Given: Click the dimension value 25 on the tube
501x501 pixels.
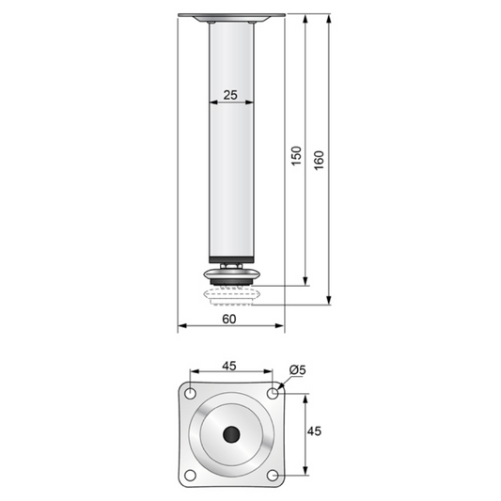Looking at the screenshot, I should (230, 96).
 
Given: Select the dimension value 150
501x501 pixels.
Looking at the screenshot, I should (296, 155).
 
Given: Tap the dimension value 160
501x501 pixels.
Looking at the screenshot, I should (319, 160).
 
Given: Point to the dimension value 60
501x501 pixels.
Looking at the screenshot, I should (229, 318).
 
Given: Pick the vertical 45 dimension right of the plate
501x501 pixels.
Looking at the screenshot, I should (315, 431).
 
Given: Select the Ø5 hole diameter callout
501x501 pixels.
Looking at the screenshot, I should (298, 369).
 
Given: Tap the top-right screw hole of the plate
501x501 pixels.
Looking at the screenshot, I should (273, 392).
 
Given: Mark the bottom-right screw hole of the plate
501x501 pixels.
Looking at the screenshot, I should (273, 473).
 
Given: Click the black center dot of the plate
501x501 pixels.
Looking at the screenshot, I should (231, 433).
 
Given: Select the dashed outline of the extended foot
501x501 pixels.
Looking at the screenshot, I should (231, 296).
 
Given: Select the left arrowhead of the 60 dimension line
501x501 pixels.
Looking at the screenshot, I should (181, 326).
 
